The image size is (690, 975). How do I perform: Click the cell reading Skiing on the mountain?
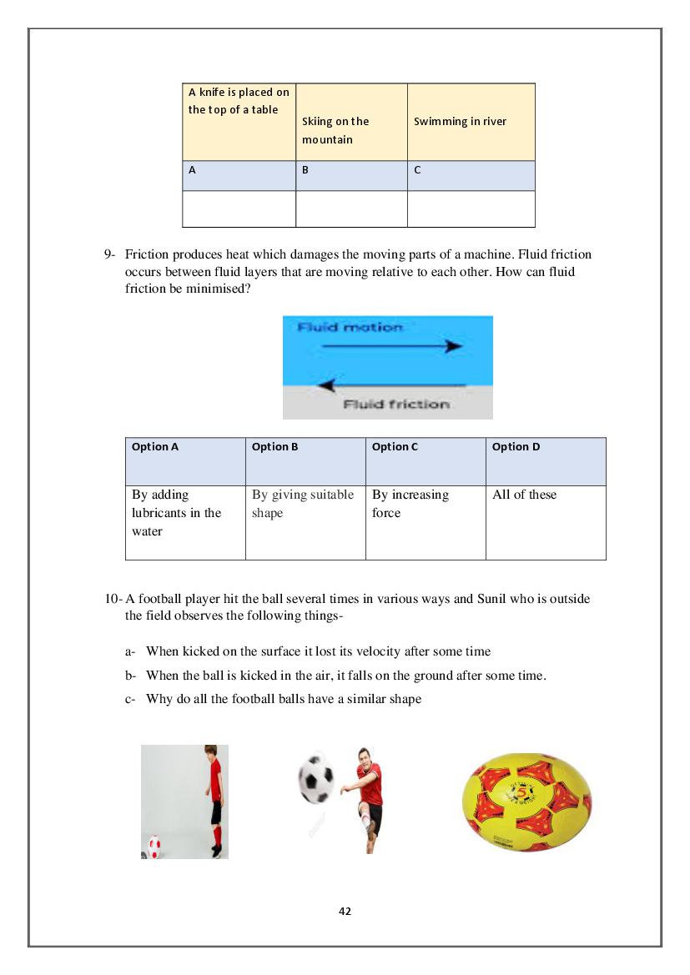[x=351, y=122]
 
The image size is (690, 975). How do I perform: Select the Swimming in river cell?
[x=471, y=122]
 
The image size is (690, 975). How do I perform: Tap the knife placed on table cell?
[x=239, y=102]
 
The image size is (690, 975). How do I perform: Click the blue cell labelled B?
[x=351, y=175]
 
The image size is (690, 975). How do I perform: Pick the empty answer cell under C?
[x=471, y=209]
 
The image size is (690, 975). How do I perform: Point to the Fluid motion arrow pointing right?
[x=391, y=345]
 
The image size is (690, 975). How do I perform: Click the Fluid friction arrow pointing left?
[x=391, y=385]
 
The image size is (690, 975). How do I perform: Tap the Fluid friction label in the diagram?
[x=396, y=405]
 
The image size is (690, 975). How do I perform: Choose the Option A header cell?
[x=185, y=461]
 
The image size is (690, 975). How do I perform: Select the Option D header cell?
[x=546, y=461]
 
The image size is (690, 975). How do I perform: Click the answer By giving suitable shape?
[x=303, y=504]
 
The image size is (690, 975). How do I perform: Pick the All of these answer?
[x=524, y=495]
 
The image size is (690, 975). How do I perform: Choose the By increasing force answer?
[x=410, y=504]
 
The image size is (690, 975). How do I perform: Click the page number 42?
[x=345, y=911]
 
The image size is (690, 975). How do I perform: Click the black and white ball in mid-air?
[x=316, y=777]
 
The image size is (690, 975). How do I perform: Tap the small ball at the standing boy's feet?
[x=154, y=846]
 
